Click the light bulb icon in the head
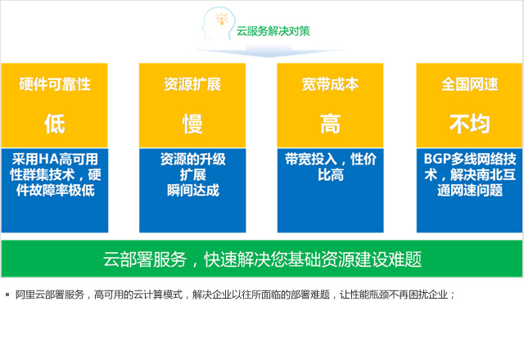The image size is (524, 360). pos(222,19)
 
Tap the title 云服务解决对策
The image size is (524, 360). pos(273,31)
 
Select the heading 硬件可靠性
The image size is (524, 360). pos(55,84)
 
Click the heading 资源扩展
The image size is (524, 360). pos(192,84)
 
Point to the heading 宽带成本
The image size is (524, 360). pos(330,84)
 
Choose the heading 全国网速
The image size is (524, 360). pos(469,84)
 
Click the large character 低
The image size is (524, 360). pos(55,124)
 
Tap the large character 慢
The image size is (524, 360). pos(192,124)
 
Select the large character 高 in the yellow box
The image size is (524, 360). pos(330,124)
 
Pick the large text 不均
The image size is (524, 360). pos(469,124)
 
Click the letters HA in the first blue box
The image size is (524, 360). pos(49,160)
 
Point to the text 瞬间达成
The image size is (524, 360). pos(193,191)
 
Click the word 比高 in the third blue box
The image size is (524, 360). pos(331,175)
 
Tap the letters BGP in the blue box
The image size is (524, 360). pos(437,159)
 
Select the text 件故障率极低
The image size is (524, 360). pos(56,191)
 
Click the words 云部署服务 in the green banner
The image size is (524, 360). pos(145,259)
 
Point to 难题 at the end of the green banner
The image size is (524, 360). pos(404,259)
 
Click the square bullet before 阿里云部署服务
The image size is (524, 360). pos(7,295)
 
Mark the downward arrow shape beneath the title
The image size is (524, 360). pos(269,51)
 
